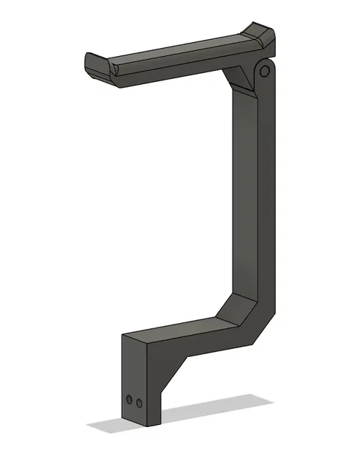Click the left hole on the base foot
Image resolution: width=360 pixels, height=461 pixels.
(x=129, y=400)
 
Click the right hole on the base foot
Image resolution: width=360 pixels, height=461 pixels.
(x=139, y=403)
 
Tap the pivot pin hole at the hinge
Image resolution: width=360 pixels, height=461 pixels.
(x=263, y=71)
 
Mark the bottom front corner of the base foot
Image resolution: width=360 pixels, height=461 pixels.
(x=156, y=429)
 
